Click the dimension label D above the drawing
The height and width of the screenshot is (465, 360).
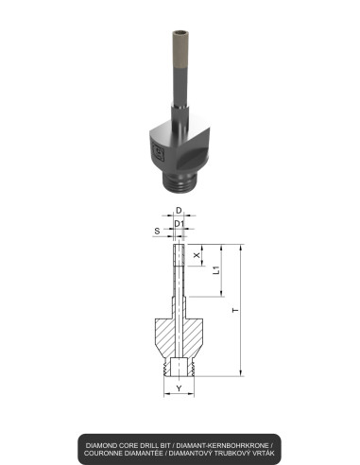[179, 209]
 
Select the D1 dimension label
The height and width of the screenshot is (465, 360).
[179, 225]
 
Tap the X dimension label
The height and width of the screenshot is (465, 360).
[197, 255]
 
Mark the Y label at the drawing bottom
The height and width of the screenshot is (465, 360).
[179, 388]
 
